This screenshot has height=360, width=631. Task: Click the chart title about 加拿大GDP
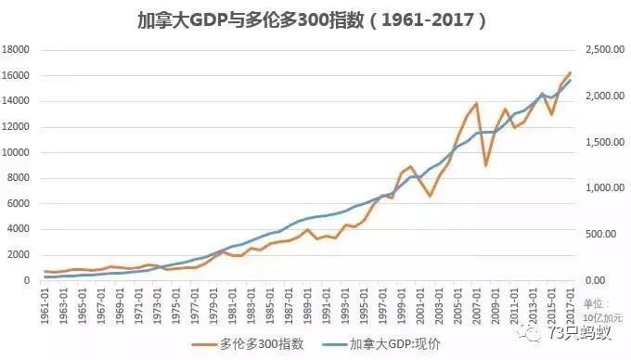[316, 19]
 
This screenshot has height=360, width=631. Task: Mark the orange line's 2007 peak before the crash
[477, 104]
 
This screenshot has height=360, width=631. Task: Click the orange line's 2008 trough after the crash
[486, 165]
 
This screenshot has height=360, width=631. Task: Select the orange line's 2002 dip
[430, 196]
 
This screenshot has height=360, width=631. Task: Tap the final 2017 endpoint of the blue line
[571, 81]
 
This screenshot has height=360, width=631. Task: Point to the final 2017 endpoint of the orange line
[571, 72]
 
